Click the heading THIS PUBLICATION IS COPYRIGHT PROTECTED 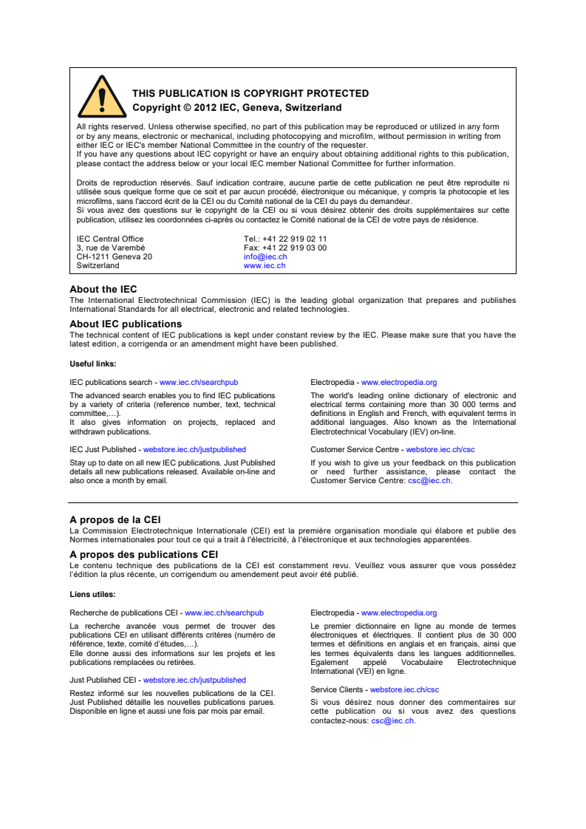click(251, 94)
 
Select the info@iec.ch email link click(265, 257)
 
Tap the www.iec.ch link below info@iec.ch click(264, 265)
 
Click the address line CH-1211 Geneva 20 click(114, 257)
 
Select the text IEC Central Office click(110, 239)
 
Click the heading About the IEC click(103, 290)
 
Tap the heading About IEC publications click(125, 324)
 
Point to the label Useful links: click(92, 364)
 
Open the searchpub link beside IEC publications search click(199, 383)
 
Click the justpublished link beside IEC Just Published click(194, 449)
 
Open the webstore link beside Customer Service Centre click(440, 449)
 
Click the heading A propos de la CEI click(115, 520)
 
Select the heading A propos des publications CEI click(143, 555)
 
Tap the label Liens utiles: click(92, 594)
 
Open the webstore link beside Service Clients click(404, 689)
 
